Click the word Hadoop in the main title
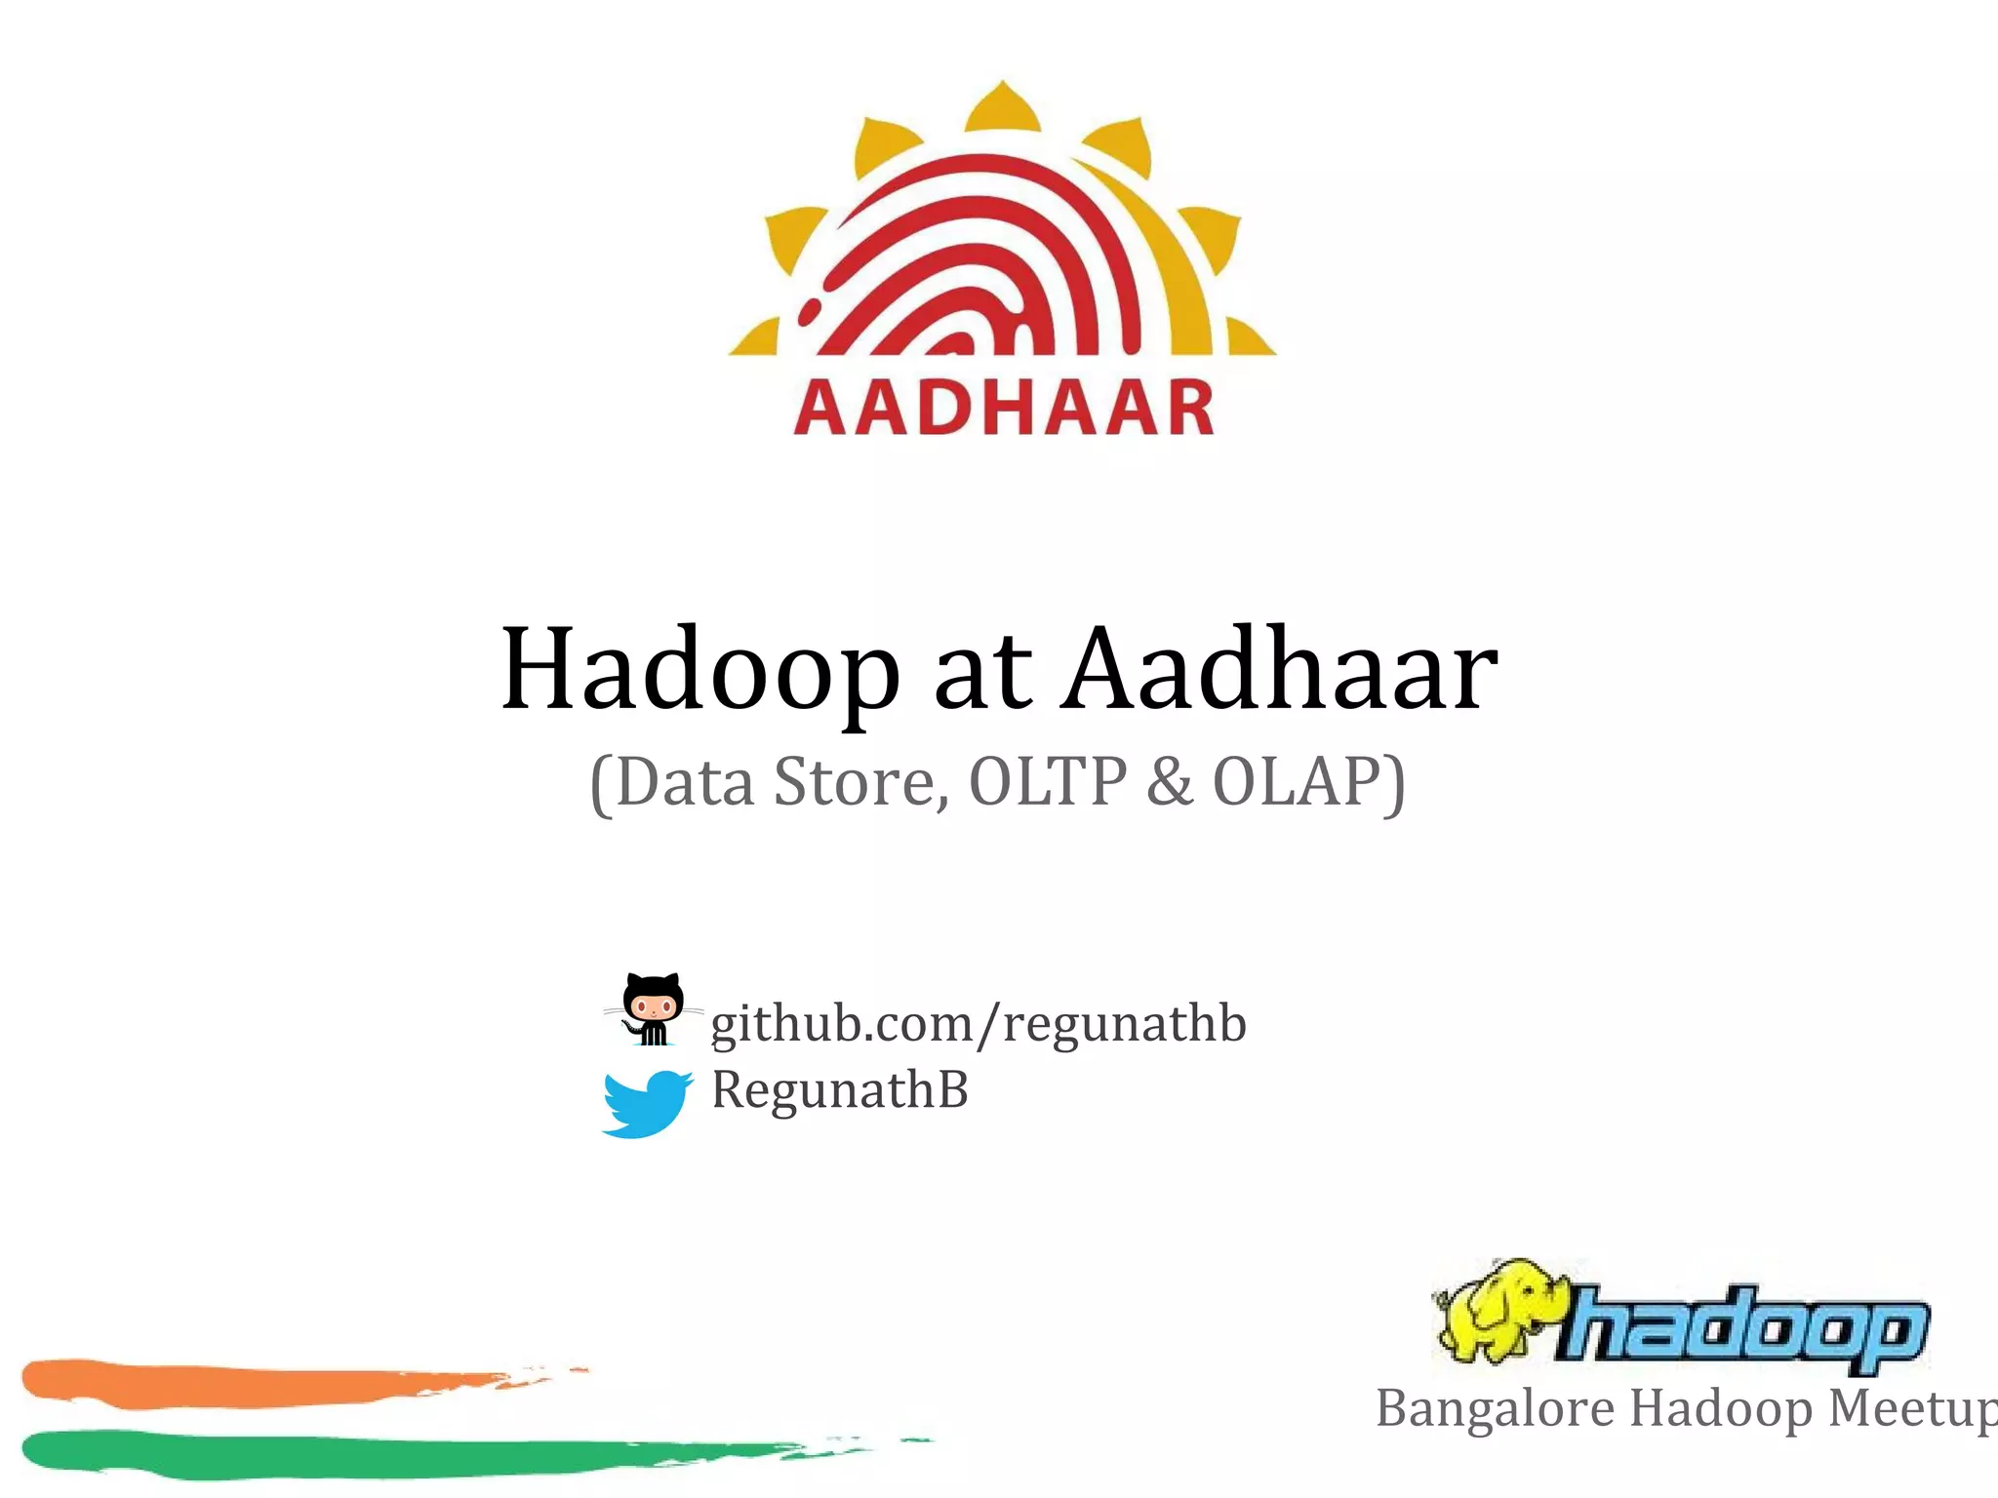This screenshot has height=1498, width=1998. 699,671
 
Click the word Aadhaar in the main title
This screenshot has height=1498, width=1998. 1281,669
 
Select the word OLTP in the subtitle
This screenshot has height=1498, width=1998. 1048,781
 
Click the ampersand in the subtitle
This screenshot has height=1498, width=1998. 1170,781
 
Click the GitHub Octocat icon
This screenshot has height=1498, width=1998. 653,1008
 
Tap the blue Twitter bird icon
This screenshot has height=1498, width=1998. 646,1103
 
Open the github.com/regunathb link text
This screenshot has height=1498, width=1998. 979,1024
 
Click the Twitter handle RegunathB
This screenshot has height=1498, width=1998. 840,1089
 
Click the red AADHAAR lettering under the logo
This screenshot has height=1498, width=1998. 1004,409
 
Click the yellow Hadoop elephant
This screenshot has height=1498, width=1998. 1497,1312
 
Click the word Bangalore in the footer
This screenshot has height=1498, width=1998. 1497,1409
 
